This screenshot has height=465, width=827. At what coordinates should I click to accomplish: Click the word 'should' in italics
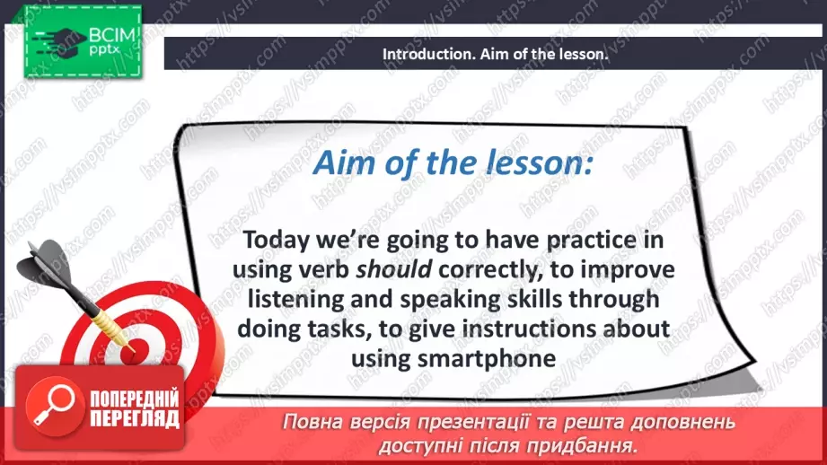point(394,269)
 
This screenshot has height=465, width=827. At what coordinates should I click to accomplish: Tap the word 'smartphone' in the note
point(487,359)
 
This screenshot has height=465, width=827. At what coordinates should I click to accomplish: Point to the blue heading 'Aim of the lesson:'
point(453,162)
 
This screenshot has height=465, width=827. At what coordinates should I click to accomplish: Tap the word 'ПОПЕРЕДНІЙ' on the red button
point(135,399)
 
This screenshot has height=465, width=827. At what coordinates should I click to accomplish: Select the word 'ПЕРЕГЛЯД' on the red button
point(135,418)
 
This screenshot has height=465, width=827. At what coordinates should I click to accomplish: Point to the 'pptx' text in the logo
point(104,50)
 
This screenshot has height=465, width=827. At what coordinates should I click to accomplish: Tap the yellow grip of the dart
point(107,323)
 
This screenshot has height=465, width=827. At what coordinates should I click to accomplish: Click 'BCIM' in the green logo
point(112,35)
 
